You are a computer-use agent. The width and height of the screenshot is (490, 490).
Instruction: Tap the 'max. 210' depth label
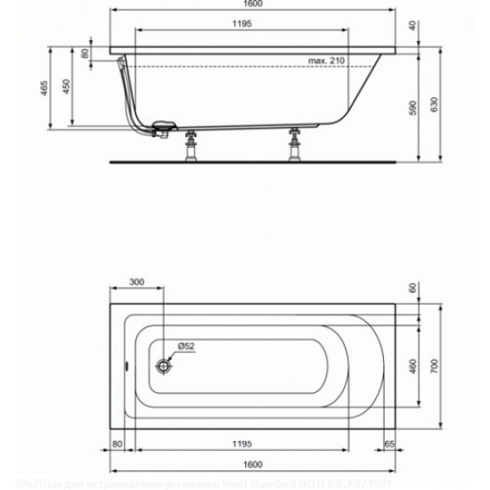(327, 60)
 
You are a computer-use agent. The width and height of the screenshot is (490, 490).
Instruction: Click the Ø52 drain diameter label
(184, 345)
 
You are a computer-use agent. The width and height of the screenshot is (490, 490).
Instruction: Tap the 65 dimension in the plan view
(389, 443)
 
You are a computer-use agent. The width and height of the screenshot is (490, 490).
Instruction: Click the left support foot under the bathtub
(190, 148)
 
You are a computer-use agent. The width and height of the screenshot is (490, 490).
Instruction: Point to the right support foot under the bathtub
(294, 148)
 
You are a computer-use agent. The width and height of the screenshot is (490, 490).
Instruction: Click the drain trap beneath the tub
(163, 128)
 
